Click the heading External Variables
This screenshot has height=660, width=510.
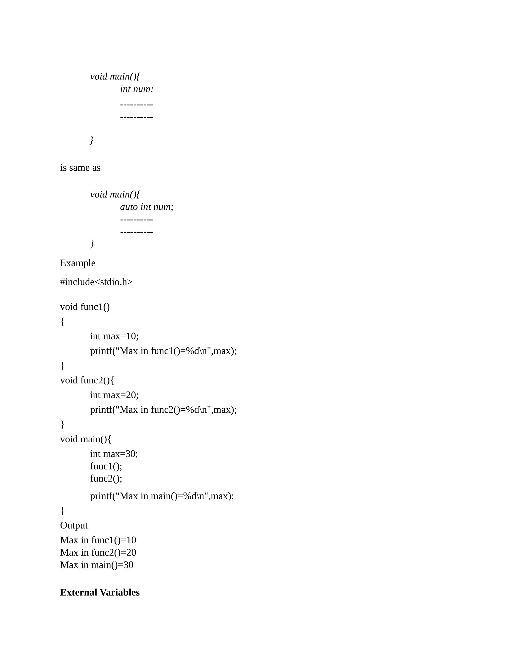pyautogui.click(x=100, y=592)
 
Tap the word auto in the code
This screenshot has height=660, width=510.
pyautogui.click(x=129, y=207)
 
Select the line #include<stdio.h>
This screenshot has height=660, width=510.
pyautogui.click(x=96, y=282)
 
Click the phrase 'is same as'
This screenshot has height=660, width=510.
pyautogui.click(x=80, y=168)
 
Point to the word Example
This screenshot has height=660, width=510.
pyautogui.click(x=78, y=263)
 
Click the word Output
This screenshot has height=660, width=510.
pyautogui.click(x=74, y=525)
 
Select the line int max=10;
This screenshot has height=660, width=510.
pyautogui.click(x=114, y=336)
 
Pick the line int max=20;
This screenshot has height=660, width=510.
pyautogui.click(x=114, y=395)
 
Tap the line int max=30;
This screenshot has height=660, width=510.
pyautogui.click(x=114, y=454)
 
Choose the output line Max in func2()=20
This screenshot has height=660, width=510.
pyautogui.click(x=98, y=552)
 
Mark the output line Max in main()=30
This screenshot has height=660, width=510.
pyautogui.click(x=97, y=565)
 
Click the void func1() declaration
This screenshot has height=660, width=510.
pyautogui.click(x=85, y=307)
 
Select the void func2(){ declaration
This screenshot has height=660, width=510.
pyautogui.click(x=87, y=380)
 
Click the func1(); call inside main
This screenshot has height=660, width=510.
pyautogui.click(x=106, y=466)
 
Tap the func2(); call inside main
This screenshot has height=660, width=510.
pyautogui.click(x=106, y=478)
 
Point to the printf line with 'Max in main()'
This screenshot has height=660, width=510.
pyautogui.click(x=162, y=496)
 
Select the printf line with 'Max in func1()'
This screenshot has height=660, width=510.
pyautogui.click(x=163, y=351)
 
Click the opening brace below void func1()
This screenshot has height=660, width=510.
pyautogui.click(x=63, y=322)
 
